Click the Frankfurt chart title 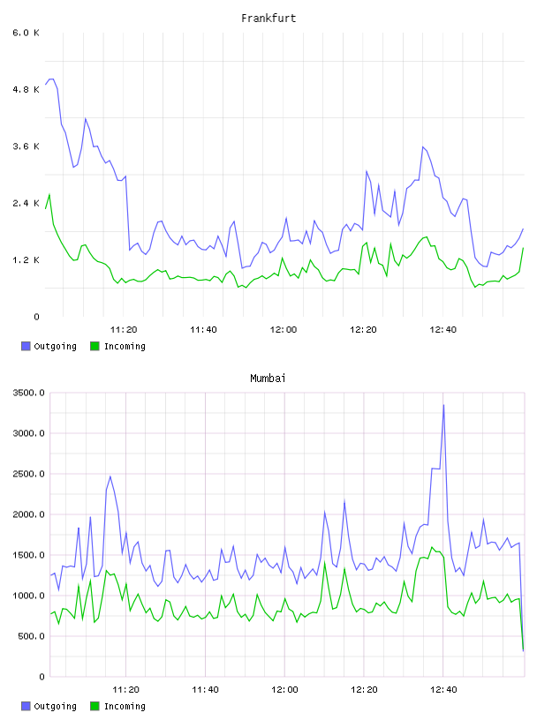(x=268, y=19)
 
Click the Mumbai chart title (x=268, y=379)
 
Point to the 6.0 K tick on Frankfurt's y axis (x=26, y=33)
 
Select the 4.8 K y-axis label (x=26, y=89)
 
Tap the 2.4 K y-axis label (x=26, y=204)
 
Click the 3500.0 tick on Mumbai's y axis (x=28, y=393)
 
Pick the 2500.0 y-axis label (x=28, y=474)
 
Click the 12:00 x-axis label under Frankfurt (x=284, y=330)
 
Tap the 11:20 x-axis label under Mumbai (x=126, y=690)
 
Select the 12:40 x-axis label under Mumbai (x=443, y=690)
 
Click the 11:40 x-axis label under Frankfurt (x=204, y=330)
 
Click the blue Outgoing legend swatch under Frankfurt (x=26, y=346)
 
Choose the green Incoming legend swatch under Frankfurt (x=95, y=346)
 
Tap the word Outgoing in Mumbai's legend (x=55, y=706)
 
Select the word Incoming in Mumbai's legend (x=125, y=706)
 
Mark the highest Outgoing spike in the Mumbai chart (x=443, y=405)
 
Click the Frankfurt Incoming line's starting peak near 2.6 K (x=49, y=195)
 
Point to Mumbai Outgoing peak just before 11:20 (x=110, y=476)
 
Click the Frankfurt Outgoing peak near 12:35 (x=423, y=147)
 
